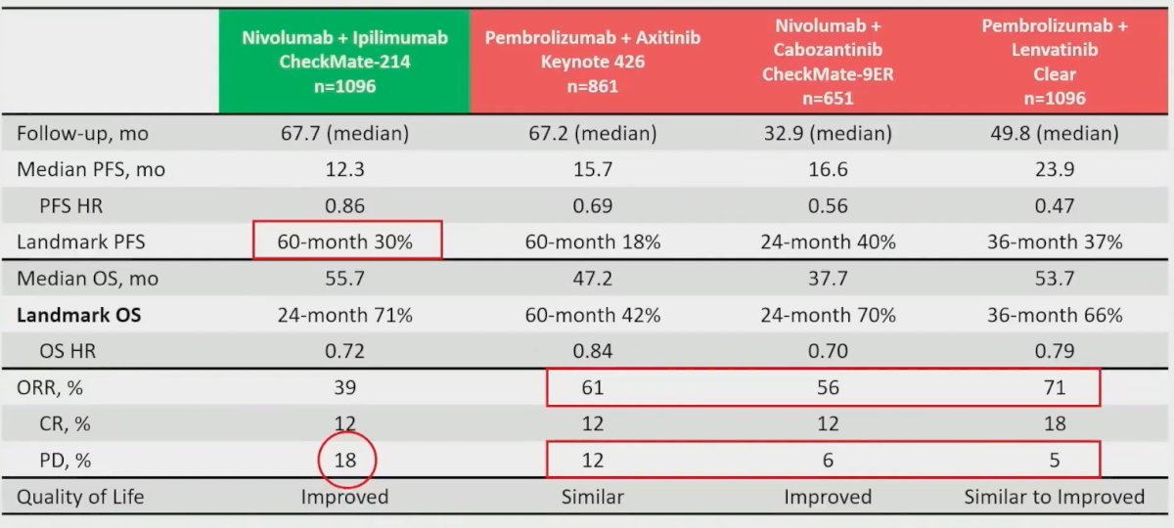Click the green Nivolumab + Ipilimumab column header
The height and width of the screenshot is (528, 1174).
pyautogui.click(x=344, y=62)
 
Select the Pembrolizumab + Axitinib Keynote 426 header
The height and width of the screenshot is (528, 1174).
pyautogui.click(x=593, y=62)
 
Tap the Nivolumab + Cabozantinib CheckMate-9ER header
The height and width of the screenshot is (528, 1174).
pyautogui.click(x=828, y=62)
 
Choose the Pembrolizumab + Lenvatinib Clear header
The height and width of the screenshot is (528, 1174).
pyautogui.click(x=1055, y=62)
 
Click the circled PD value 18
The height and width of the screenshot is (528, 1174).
pyautogui.click(x=344, y=460)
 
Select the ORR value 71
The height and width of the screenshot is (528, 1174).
pyautogui.click(x=1055, y=387)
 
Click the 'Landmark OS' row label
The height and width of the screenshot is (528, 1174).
pyautogui.click(x=78, y=315)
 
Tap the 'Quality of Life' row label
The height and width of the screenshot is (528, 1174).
pyautogui.click(x=80, y=497)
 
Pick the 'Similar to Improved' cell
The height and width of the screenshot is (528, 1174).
pyautogui.click(x=1055, y=497)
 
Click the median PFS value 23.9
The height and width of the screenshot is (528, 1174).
pyautogui.click(x=1055, y=169)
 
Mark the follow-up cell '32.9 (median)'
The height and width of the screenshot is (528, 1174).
pyautogui.click(x=828, y=133)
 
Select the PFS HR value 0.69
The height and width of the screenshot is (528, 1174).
pyautogui.click(x=593, y=205)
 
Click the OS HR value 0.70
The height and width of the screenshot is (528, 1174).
pyautogui.click(x=828, y=350)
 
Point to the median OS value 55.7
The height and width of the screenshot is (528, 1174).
pyautogui.click(x=344, y=278)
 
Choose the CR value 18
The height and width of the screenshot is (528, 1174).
pyautogui.click(x=1055, y=423)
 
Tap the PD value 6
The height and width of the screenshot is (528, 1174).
pyautogui.click(x=828, y=460)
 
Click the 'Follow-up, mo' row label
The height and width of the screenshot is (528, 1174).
pyautogui.click(x=83, y=133)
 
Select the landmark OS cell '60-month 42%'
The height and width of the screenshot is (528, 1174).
pyautogui.click(x=593, y=315)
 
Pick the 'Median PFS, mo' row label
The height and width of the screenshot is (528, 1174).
pyautogui.click(x=91, y=169)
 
